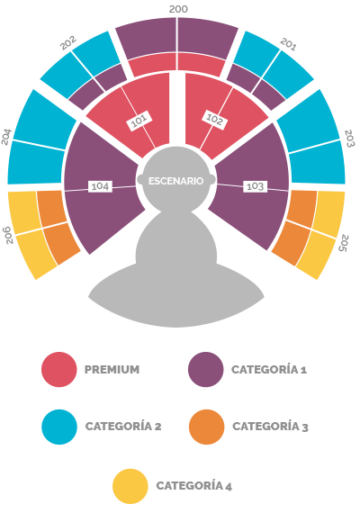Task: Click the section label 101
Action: tap(139, 121)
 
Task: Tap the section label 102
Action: tap(214, 120)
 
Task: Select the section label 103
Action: tap(255, 186)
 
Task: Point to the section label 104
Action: tap(100, 186)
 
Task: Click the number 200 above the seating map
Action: tap(178, 9)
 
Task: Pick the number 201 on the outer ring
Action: tap(288, 44)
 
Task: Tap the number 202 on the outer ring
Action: tap(68, 42)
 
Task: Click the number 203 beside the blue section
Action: tap(349, 139)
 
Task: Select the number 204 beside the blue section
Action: tap(6, 137)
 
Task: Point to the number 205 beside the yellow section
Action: tap(345, 243)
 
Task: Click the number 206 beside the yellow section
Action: tap(9, 235)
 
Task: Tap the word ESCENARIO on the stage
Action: tap(175, 181)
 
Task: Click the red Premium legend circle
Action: tap(59, 370)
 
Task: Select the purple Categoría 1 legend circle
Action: tap(206, 370)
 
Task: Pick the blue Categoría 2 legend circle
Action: tap(59, 427)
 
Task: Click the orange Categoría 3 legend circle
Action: tap(206, 427)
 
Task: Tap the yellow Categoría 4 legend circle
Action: tap(130, 486)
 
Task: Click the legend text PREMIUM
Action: tap(112, 370)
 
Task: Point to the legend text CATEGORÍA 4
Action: tap(194, 486)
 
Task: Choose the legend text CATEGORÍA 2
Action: tap(123, 426)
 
